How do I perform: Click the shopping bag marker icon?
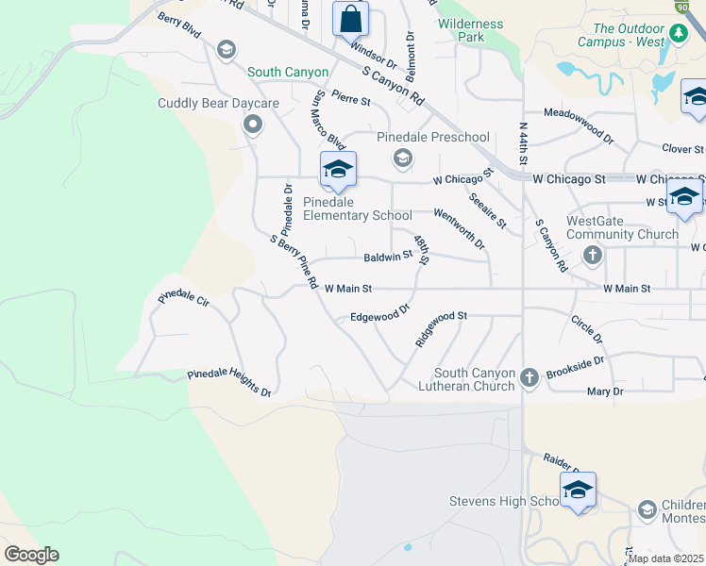350,19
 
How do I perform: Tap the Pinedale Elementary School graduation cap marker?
338,170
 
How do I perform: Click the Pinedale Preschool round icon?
403,158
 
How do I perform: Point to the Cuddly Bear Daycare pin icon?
253,124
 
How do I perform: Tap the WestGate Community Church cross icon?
593,254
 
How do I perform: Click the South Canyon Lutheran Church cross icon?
529,378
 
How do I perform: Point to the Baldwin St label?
388,256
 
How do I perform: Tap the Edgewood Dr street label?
380,314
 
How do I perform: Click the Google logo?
31,555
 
